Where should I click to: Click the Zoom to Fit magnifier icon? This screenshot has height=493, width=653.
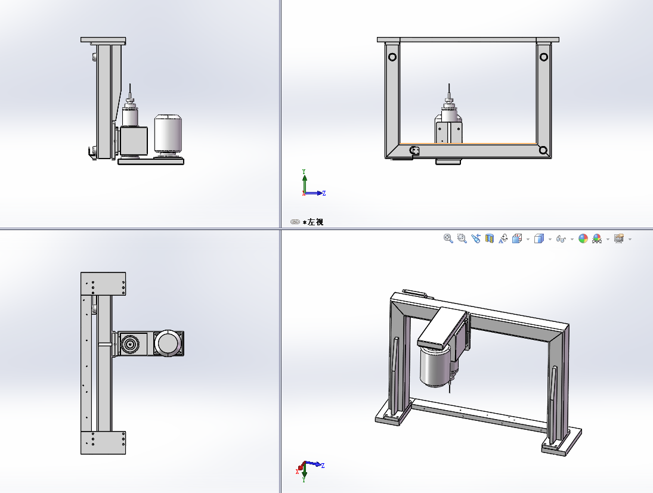[x=448, y=238]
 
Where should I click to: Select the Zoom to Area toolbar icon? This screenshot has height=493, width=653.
[x=462, y=238]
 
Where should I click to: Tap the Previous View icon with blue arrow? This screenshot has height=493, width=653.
[x=476, y=238]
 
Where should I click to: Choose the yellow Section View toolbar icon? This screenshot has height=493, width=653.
[x=490, y=238]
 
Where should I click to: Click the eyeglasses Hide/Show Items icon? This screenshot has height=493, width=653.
[x=561, y=239]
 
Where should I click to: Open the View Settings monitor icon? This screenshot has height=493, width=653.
[x=619, y=238]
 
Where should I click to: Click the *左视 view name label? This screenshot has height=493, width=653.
[x=313, y=222]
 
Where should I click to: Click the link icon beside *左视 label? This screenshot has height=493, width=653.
[x=295, y=222]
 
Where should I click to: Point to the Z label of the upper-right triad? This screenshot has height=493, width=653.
[x=324, y=193]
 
